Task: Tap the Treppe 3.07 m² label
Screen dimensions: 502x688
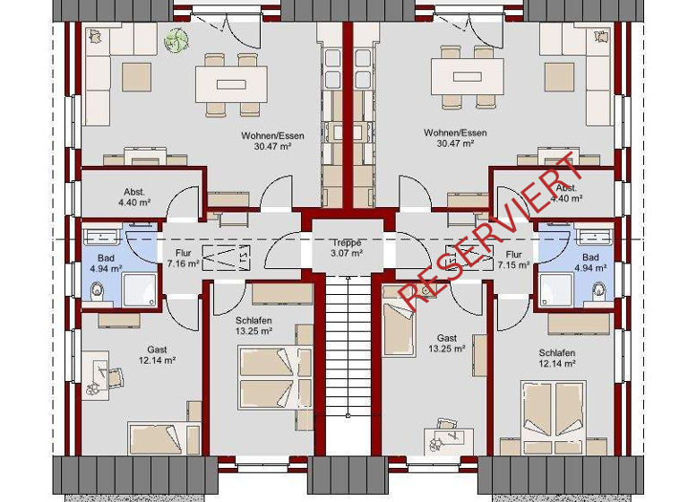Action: tap(346, 248)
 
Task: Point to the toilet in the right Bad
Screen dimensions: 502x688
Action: tap(598, 290)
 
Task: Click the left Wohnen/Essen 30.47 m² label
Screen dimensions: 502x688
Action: tap(272, 142)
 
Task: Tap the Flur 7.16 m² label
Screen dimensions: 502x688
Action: tap(183, 259)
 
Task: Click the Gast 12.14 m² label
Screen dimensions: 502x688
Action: tap(158, 355)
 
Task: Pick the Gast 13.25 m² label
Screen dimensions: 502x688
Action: tap(447, 344)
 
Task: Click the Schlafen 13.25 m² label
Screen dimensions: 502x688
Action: tap(254, 325)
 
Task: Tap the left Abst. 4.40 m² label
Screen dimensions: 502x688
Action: tap(134, 197)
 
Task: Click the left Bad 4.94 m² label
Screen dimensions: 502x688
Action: tap(105, 263)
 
